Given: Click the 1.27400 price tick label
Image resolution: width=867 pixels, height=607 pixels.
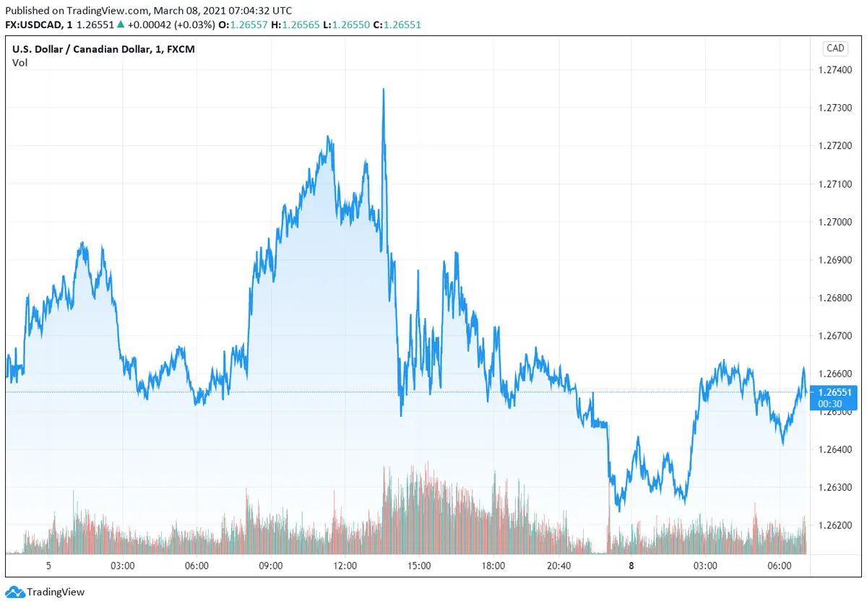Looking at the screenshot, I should pyautogui.click(x=835, y=70).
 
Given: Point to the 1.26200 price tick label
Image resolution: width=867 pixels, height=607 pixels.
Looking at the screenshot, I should pyautogui.click(x=835, y=525).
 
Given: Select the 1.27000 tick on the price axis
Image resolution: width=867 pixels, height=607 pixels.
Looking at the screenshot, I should pyautogui.click(x=835, y=222).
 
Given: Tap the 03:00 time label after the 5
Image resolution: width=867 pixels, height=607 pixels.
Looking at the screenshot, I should pyautogui.click(x=123, y=566).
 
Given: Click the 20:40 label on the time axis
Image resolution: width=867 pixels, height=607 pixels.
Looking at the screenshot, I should pyautogui.click(x=559, y=566).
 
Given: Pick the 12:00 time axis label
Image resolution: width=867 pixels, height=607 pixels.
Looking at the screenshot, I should pyautogui.click(x=345, y=566).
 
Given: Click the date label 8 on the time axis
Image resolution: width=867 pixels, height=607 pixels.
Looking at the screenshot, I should pyautogui.click(x=631, y=566).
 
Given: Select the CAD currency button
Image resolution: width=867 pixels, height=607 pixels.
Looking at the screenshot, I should pyautogui.click(x=835, y=48).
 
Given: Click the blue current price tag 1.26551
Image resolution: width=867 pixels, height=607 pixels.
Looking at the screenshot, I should pyautogui.click(x=835, y=392).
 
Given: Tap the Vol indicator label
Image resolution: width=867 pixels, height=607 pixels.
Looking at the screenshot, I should pyautogui.click(x=20, y=63).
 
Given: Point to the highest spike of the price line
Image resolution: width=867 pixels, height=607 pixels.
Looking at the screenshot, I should pyautogui.click(x=383, y=90).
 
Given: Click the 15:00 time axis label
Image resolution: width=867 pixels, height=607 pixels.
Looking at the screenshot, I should pyautogui.click(x=419, y=566).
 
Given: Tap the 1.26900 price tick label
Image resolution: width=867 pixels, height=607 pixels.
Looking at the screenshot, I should pyautogui.click(x=835, y=259).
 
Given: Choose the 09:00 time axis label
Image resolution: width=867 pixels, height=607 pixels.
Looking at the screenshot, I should pyautogui.click(x=271, y=566).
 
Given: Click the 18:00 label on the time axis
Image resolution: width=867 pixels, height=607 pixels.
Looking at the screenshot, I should pyautogui.click(x=493, y=566).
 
